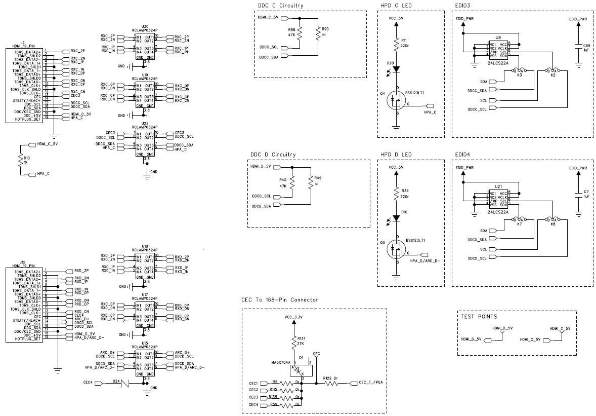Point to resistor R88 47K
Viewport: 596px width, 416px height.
click(x=300, y=33)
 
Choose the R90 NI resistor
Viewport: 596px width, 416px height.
click(x=317, y=33)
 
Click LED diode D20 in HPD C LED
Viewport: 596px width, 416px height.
click(x=397, y=69)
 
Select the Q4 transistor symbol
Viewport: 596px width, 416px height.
click(x=396, y=102)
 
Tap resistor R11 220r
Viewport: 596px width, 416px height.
click(x=397, y=44)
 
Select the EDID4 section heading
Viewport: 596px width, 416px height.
click(x=463, y=154)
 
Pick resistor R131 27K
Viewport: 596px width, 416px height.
click(x=293, y=341)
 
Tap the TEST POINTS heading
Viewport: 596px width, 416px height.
click(x=479, y=317)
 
